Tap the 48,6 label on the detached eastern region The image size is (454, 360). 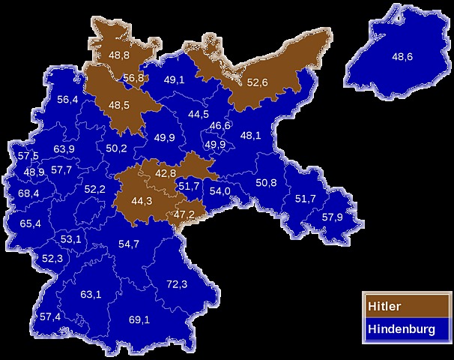click(x=402, y=56)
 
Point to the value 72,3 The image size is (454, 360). click(x=177, y=284)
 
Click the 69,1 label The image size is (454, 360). click(x=139, y=320)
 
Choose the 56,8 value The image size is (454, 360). click(x=134, y=78)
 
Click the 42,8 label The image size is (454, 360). click(x=166, y=173)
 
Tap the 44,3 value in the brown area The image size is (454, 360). click(x=142, y=200)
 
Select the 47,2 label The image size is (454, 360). click(x=184, y=214)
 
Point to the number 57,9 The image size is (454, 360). click(x=333, y=217)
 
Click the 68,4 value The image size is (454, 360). click(x=28, y=193)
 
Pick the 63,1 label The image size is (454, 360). click(x=91, y=294)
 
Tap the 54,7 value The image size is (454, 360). click(x=129, y=244)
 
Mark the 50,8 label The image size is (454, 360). click(x=266, y=182)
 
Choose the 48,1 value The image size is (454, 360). click(x=250, y=136)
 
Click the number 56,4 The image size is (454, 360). click(x=67, y=100)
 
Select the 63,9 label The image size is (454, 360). click(x=64, y=149)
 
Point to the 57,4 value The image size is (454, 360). click(x=50, y=316)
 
